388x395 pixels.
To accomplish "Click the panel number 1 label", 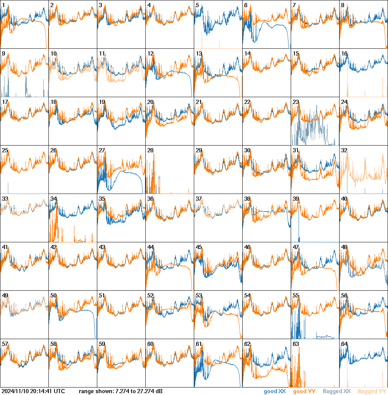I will coord(3,5).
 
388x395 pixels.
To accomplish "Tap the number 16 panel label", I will coord(344,54).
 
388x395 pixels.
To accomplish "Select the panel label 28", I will coord(150,150).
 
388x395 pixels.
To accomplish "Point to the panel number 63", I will coord(296,344).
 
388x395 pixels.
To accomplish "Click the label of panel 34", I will coord(53,199).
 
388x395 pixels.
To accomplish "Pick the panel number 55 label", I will coord(296,296).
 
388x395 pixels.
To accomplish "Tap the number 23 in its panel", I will coord(296,102).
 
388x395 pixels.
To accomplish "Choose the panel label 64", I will coord(344,344).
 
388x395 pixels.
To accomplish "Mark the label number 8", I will coord(343,5).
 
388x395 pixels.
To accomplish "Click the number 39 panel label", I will coord(296,199).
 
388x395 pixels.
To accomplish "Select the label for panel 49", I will coord(5,296).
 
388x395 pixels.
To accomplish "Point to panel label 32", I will coord(344,150).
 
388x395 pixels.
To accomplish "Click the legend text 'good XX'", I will coord(275,392).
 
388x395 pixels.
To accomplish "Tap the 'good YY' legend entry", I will coord(304,392).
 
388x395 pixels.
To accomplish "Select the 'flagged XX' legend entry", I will coord(337,392).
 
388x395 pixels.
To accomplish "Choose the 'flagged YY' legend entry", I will coord(372,392).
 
